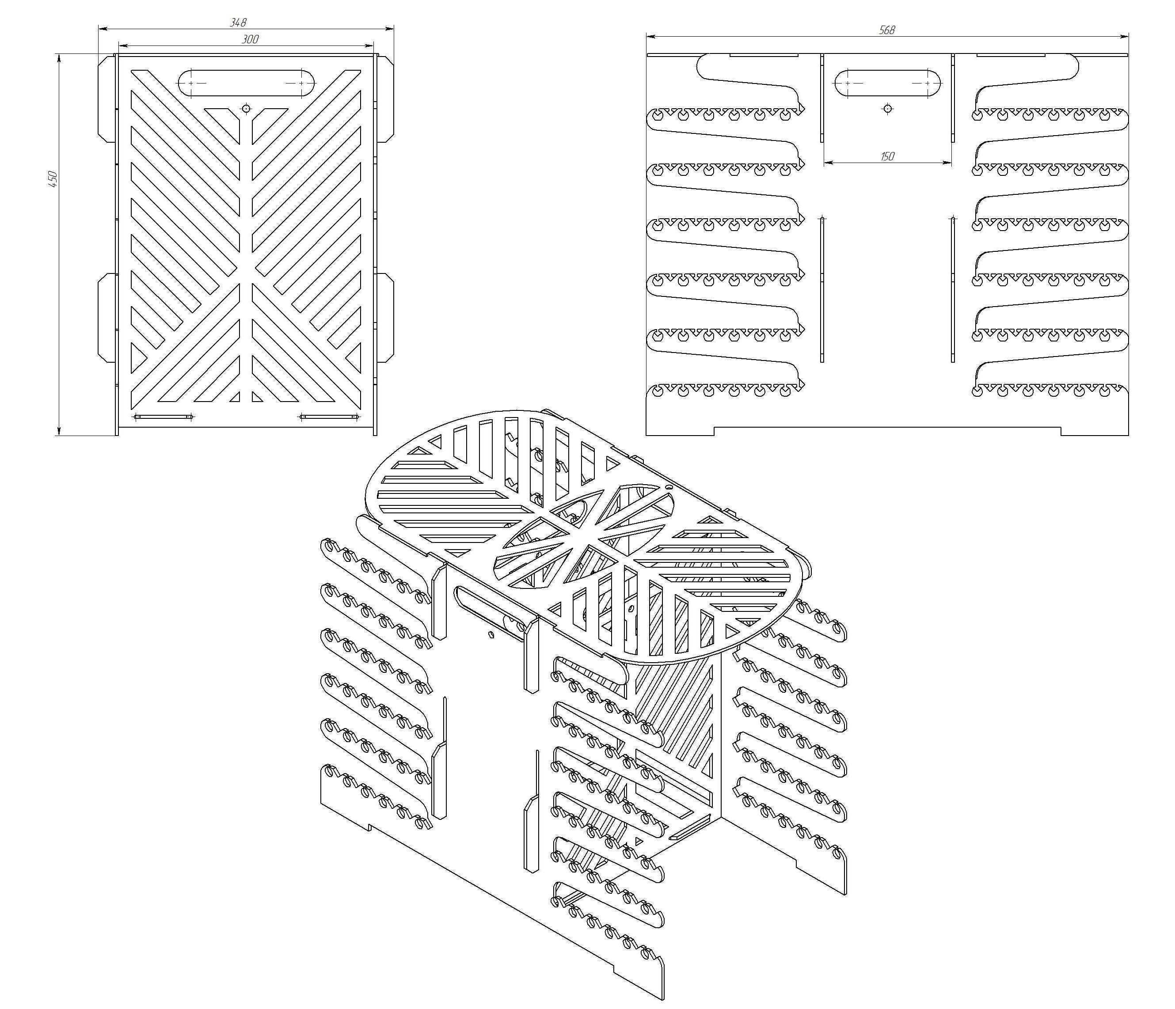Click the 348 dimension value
tap(238, 22)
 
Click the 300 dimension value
tap(250, 39)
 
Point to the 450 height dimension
tap(52, 178)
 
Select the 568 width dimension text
tap(887, 30)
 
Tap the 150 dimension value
tap(887, 156)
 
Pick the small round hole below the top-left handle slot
tap(246, 108)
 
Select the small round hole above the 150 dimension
tap(887, 108)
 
